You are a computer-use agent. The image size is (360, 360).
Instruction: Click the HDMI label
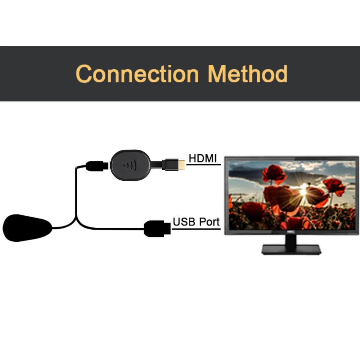[x=203, y=158]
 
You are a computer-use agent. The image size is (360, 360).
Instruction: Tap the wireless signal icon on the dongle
[x=130, y=166]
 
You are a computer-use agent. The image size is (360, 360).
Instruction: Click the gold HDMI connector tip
[x=182, y=164]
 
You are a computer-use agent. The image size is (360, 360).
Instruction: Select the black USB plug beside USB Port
[x=157, y=229]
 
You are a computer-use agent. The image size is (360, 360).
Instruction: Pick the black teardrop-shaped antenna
[x=27, y=228]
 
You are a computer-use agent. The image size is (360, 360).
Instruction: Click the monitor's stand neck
[x=291, y=240]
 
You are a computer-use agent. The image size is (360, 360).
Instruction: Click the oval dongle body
[x=130, y=166]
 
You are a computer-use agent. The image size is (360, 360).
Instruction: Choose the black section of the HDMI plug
[x=170, y=164]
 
